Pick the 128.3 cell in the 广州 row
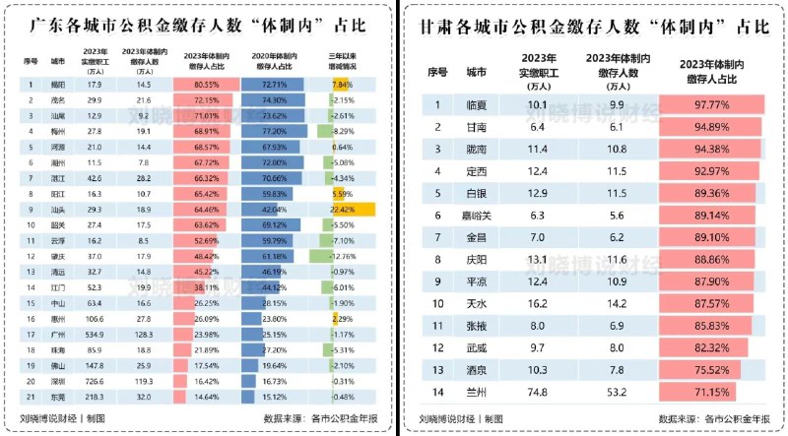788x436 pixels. coord(143,335)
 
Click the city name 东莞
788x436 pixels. coord(57,398)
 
